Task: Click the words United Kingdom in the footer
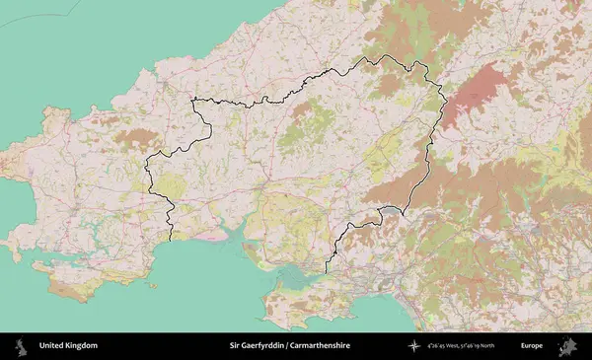coord(68,346)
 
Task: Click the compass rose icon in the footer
coord(415,346)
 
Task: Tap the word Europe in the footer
coord(532,346)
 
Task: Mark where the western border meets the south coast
coord(172,240)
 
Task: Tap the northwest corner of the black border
coord(194,99)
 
